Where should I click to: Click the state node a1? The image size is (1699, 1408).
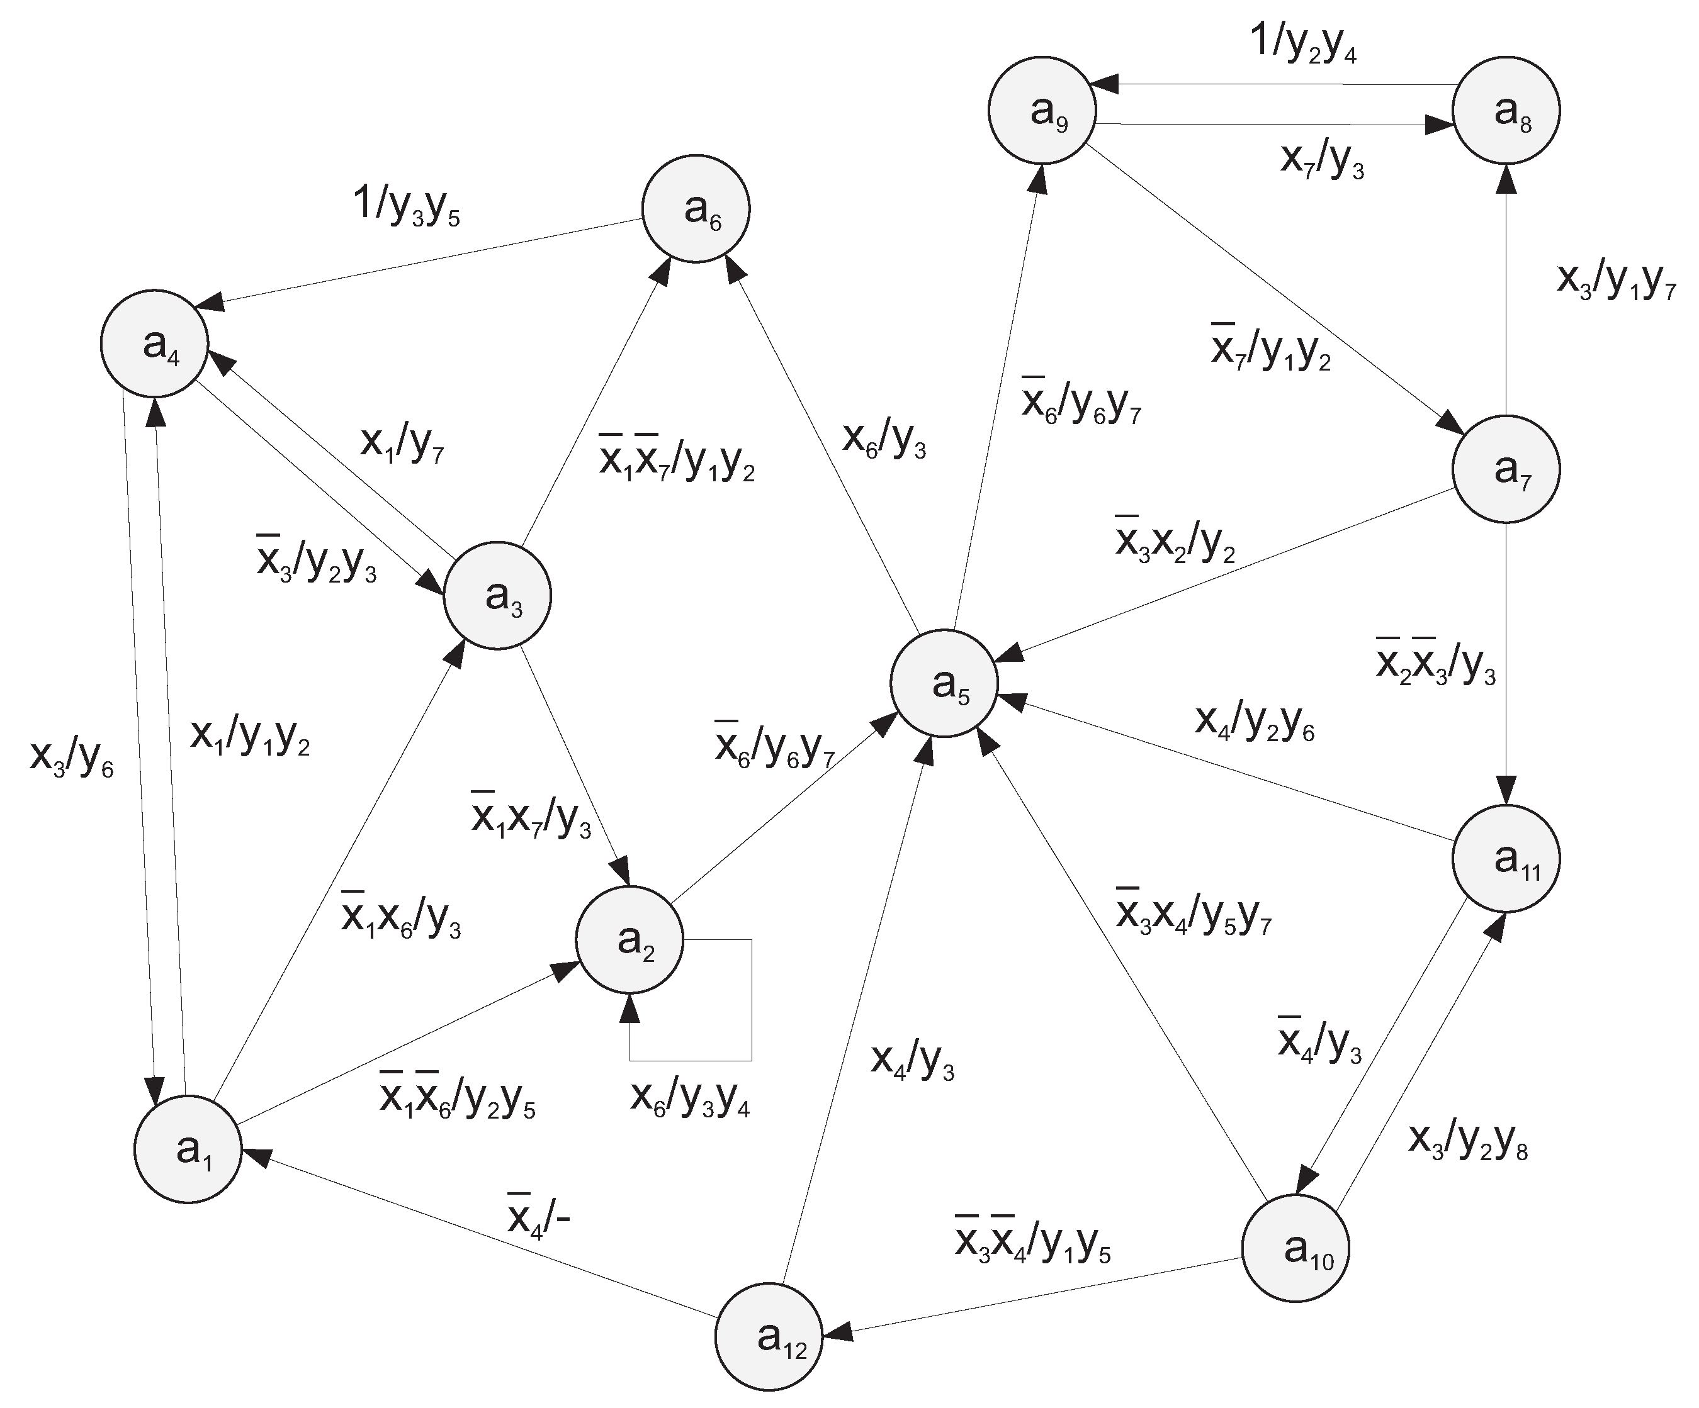(x=188, y=1149)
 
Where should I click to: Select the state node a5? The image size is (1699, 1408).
(x=944, y=683)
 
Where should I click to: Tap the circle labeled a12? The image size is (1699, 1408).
(x=769, y=1337)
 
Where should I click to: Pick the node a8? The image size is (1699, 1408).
(x=1506, y=110)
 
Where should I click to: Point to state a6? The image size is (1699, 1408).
(x=696, y=209)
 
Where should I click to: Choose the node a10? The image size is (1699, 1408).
(x=1295, y=1249)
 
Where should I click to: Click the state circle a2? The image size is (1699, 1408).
(x=629, y=940)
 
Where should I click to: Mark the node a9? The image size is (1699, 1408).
(x=1042, y=110)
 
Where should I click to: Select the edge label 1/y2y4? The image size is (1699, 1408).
(x=1304, y=42)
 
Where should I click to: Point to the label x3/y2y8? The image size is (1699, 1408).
(x=1467, y=1141)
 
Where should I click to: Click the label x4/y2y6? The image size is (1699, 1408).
(x=1254, y=722)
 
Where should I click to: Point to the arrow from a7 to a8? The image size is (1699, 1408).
(x=1506, y=291)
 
